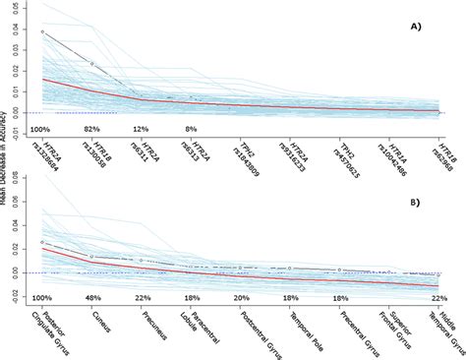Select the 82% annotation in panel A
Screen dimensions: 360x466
pos(91,129)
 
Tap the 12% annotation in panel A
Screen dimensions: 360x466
pos(141,129)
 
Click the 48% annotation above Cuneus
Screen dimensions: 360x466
pos(91,297)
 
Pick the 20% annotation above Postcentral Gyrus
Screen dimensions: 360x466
pos(241,297)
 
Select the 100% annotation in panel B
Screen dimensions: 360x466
pos(41,297)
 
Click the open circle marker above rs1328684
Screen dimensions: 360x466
pos(42,31)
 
